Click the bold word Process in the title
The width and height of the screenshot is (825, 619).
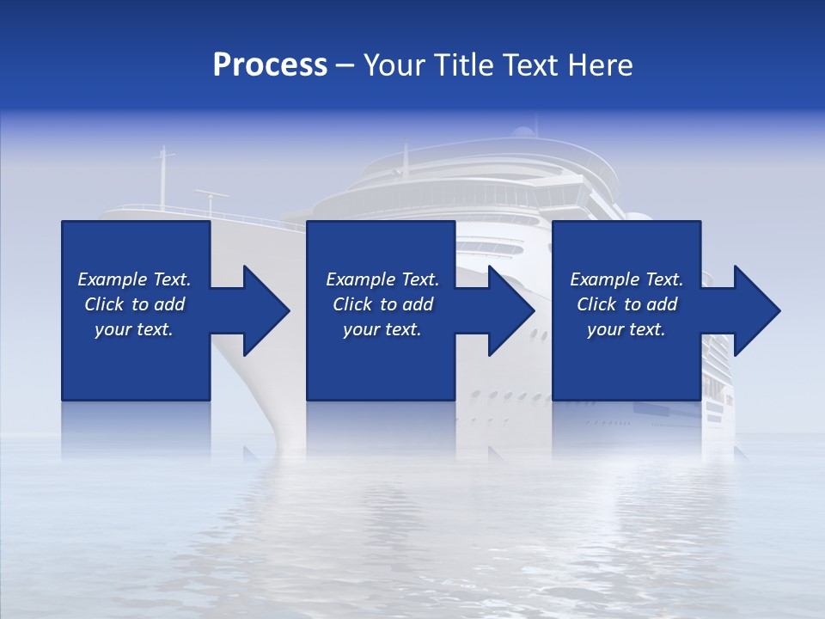coord(270,65)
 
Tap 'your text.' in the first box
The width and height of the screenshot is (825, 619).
coord(134,329)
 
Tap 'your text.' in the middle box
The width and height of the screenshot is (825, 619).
coord(382,329)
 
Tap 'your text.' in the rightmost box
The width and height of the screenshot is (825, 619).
coord(626,329)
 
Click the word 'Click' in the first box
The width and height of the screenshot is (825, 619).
coord(105,304)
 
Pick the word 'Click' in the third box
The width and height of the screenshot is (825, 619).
coord(597,304)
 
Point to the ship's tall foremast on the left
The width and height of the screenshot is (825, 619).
coord(162,176)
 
